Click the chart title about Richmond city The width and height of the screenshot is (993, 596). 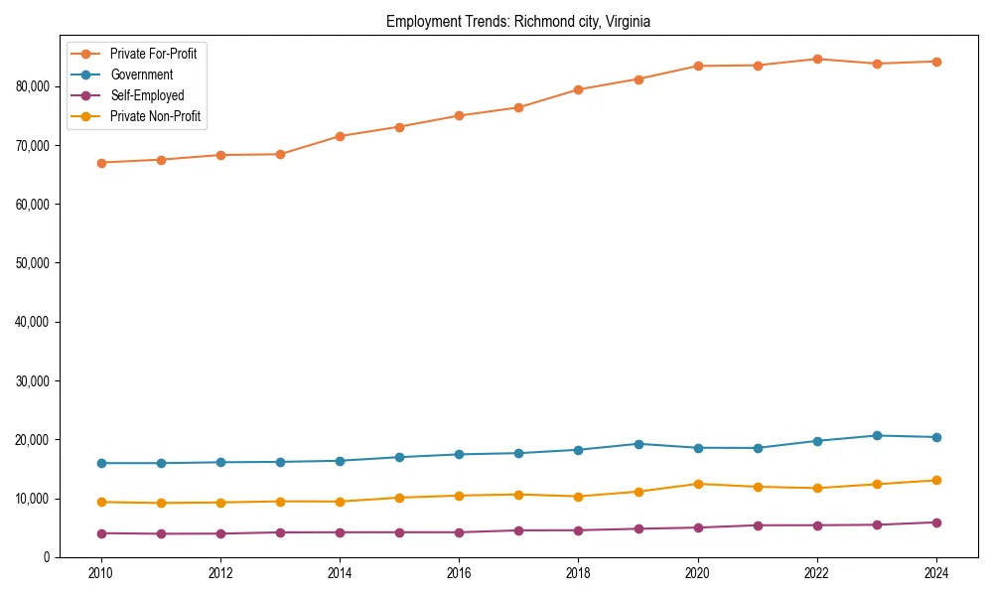518,22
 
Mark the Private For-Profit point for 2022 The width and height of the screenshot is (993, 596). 817,59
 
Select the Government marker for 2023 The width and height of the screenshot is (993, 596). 877,435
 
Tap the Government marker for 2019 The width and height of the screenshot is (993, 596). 638,444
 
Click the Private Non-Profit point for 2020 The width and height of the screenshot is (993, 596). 698,484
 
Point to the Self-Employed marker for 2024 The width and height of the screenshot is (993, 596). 936,522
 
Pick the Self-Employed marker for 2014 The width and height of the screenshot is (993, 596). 340,532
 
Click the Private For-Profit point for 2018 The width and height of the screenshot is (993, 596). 578,89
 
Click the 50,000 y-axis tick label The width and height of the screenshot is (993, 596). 34,263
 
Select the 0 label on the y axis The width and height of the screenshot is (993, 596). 48,557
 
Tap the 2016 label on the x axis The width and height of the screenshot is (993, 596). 459,573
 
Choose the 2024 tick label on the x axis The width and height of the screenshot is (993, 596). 936,573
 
